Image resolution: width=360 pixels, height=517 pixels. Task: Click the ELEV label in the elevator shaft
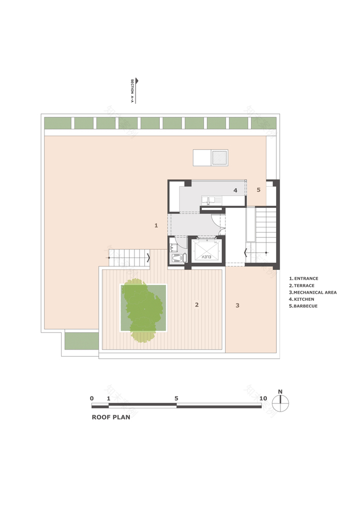click(x=206, y=256)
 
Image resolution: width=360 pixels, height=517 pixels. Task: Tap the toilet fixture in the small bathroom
click(x=177, y=257)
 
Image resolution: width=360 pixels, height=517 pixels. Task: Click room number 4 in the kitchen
click(x=235, y=190)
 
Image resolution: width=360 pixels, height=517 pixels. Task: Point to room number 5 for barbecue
click(x=259, y=190)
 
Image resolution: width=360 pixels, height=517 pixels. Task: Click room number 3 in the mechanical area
click(x=237, y=306)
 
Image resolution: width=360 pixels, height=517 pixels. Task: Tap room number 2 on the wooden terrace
click(x=197, y=305)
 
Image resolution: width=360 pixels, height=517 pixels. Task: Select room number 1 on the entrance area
click(x=156, y=225)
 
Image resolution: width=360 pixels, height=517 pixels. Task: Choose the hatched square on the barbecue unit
click(x=220, y=158)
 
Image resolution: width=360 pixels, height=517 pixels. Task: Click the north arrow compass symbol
click(x=280, y=403)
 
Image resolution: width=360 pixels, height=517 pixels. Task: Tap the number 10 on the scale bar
click(x=263, y=398)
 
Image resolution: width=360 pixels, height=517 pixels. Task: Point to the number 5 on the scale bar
click(x=176, y=398)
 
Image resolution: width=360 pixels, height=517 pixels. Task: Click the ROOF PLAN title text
click(x=111, y=417)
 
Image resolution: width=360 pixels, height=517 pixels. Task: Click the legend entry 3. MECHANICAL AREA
click(x=313, y=293)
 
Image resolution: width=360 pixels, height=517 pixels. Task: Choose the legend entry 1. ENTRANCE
click(x=304, y=279)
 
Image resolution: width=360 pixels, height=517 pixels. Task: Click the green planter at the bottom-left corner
click(x=81, y=341)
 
